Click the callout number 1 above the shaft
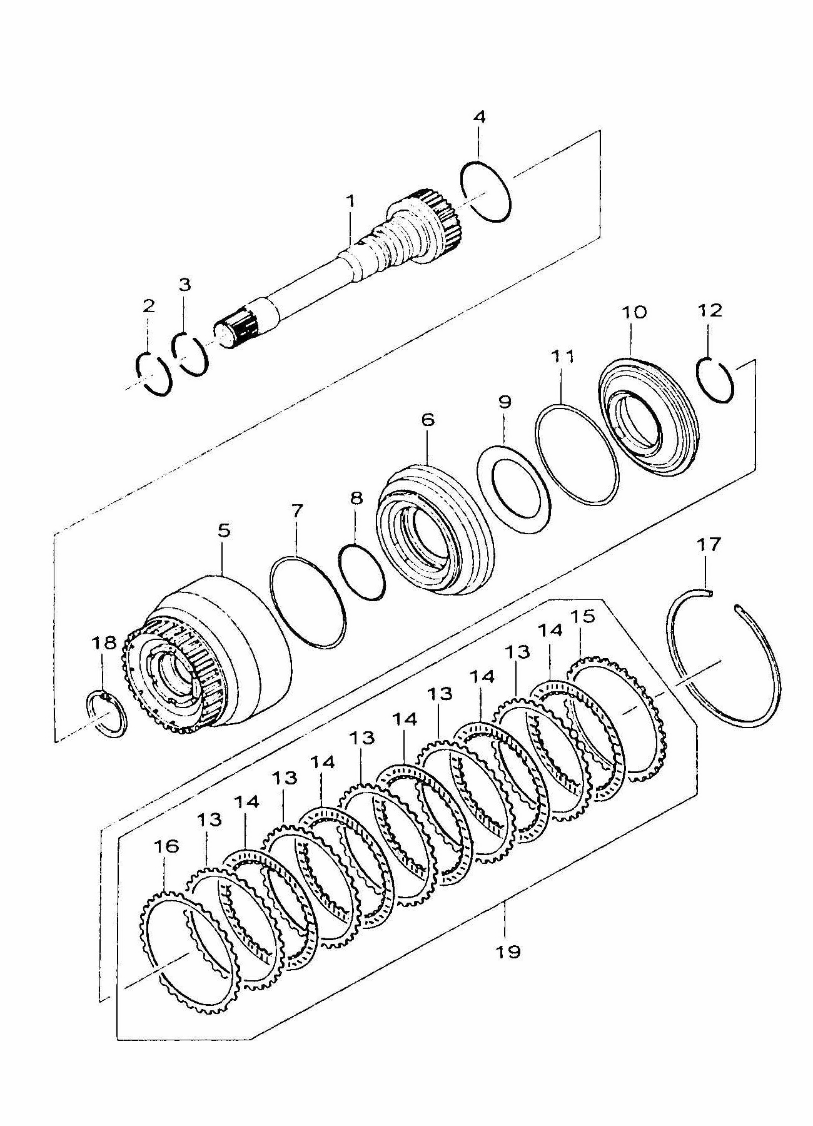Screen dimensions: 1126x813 [351, 201]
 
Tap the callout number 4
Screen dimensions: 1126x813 [479, 117]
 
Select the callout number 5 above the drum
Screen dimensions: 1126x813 [223, 530]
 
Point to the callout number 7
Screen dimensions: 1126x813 [296, 511]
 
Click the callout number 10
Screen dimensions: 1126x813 [634, 312]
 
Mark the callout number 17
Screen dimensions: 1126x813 [709, 545]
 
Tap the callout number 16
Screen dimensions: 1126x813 [166, 846]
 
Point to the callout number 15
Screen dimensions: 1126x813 [582, 616]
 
